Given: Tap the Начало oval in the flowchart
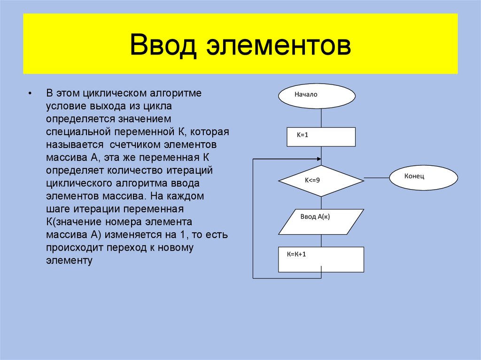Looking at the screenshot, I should [x=317, y=96].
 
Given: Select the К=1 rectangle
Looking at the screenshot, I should [x=321, y=137].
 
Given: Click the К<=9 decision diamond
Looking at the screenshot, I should [x=321, y=180].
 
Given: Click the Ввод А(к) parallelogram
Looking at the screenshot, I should [x=321, y=222].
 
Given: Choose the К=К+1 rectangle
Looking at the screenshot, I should [x=321, y=259].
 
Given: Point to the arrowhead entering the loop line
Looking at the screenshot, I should [x=319, y=160].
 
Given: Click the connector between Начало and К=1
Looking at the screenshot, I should [x=321, y=118].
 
